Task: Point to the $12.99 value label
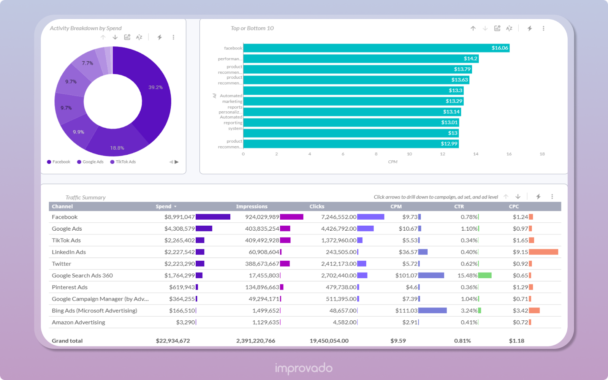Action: coord(449,144)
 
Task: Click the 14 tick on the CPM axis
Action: coord(476,154)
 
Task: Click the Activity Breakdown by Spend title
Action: coord(85,28)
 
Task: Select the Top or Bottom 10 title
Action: coord(252,28)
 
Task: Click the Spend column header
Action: coord(163,206)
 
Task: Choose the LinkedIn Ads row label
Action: coord(69,252)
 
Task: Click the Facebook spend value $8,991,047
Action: coord(179,217)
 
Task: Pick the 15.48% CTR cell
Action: coord(467,275)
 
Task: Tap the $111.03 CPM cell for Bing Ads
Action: coord(406,310)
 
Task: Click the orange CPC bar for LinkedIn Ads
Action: coord(543,252)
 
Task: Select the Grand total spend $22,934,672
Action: coord(173,340)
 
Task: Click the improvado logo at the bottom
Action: coord(304,368)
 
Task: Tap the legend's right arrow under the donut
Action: coord(176,162)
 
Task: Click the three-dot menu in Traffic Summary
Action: coord(552,196)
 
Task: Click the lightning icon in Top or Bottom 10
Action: coord(529,28)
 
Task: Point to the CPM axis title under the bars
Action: coord(393,162)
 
